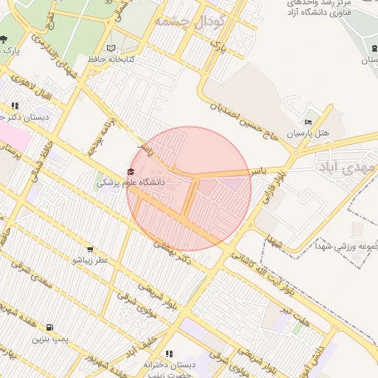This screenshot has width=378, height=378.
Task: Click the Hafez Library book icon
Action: [x=111, y=48]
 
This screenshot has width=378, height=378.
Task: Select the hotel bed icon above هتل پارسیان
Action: [x=309, y=123]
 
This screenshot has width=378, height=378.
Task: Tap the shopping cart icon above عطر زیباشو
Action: [x=90, y=250]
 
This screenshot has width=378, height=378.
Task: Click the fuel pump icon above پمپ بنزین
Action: [x=49, y=327]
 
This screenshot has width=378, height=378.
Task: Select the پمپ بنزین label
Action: [x=49, y=339]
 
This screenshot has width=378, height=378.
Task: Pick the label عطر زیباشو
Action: [x=90, y=261]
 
